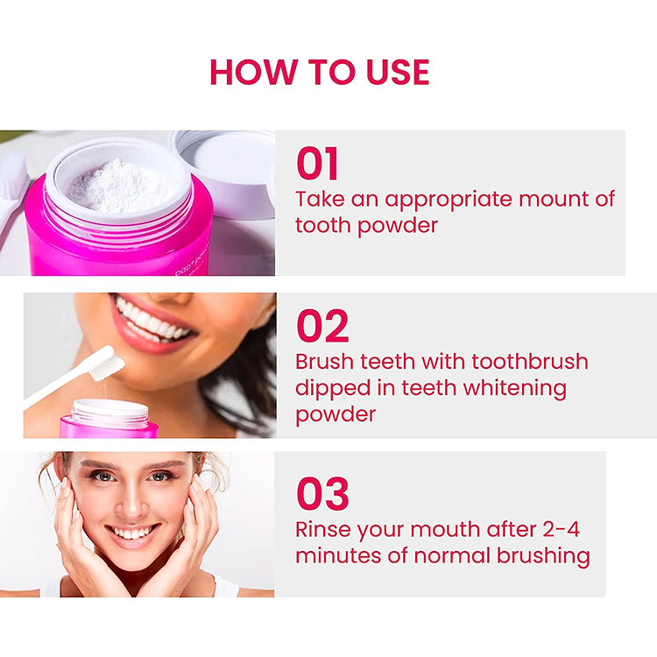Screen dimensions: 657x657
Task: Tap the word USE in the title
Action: [398, 72]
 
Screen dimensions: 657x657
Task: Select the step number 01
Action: [317, 164]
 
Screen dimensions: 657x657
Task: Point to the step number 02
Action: [322, 326]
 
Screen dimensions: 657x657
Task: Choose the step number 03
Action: [322, 493]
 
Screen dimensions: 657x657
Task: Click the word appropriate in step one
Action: [449, 201]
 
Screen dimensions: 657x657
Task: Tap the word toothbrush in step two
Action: [530, 361]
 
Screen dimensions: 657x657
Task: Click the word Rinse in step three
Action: [322, 529]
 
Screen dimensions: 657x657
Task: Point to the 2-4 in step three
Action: [561, 529]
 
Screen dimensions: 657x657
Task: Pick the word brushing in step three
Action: [543, 557]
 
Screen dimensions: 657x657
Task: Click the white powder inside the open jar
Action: [119, 187]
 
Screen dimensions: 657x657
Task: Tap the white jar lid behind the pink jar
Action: [229, 172]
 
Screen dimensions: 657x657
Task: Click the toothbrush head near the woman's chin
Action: [107, 364]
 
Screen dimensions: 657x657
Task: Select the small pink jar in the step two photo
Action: [109, 419]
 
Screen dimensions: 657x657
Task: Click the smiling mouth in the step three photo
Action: [132, 534]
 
